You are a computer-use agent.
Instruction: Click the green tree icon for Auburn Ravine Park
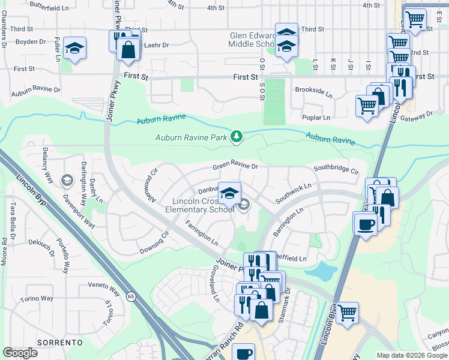(x=237, y=137)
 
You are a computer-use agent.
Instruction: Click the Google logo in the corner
(x=20, y=353)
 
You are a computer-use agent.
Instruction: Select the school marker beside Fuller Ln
(x=74, y=48)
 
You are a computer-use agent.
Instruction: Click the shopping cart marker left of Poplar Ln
(x=367, y=106)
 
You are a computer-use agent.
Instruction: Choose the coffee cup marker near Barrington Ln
(x=366, y=226)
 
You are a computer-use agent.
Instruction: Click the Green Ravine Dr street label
(x=234, y=167)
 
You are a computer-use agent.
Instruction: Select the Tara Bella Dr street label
(x=12, y=219)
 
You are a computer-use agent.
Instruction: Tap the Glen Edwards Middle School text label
(x=252, y=40)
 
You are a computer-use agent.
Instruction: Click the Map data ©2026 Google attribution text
(x=412, y=355)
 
